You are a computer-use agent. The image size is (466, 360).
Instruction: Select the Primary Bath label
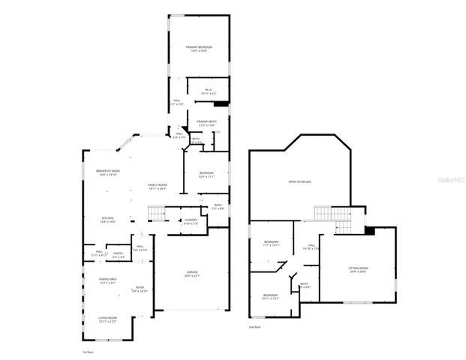(207, 123)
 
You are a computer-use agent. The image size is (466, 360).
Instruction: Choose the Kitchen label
(107, 220)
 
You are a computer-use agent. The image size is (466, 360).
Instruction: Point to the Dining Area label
(107, 281)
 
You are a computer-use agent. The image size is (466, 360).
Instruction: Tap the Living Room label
(107, 320)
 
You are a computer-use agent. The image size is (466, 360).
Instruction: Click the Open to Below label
(300, 182)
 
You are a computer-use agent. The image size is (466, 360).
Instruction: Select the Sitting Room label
(358, 270)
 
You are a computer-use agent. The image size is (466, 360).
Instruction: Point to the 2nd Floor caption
(255, 327)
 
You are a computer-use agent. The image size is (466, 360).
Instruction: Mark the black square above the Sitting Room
(368, 231)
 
